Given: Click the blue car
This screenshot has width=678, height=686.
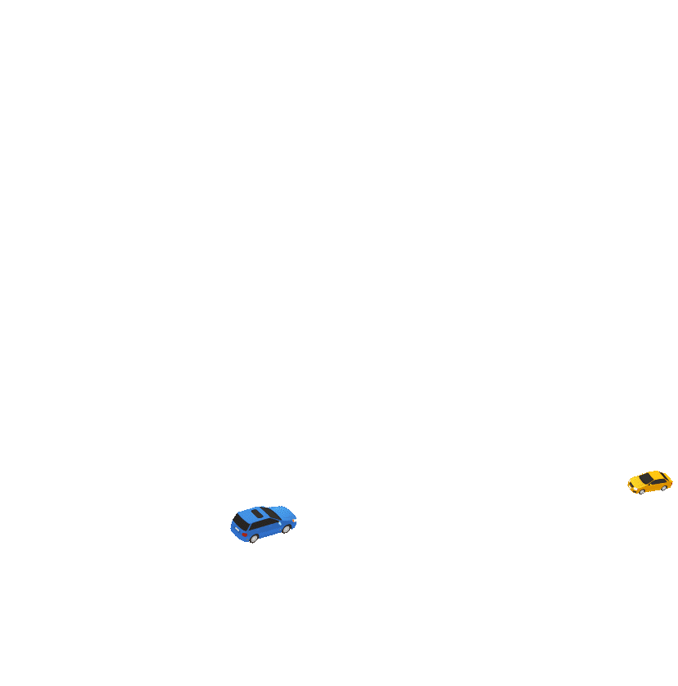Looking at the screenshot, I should [x=263, y=524].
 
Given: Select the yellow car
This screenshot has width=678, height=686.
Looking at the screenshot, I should [x=649, y=482].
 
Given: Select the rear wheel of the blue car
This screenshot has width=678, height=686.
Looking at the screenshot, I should [x=255, y=538].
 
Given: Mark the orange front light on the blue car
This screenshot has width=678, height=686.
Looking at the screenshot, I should [x=293, y=521].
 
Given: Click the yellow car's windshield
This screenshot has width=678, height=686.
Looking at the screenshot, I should [x=645, y=478].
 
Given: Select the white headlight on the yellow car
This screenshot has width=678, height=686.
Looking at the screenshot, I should [x=636, y=488].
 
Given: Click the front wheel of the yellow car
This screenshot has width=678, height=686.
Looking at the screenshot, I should [x=643, y=491].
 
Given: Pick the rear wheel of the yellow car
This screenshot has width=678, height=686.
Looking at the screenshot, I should [x=664, y=488].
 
